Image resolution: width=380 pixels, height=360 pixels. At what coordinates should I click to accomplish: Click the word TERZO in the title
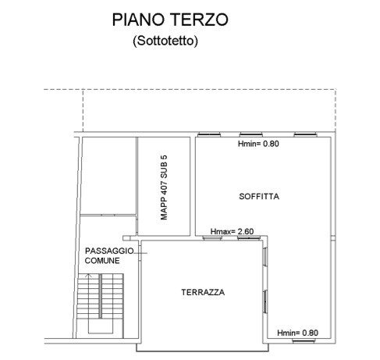click(x=200, y=20)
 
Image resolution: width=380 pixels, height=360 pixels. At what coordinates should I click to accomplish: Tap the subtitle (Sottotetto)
click(x=165, y=41)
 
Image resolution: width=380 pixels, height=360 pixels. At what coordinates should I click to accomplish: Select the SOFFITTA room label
click(x=259, y=196)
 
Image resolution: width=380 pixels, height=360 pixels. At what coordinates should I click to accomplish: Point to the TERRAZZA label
click(x=203, y=292)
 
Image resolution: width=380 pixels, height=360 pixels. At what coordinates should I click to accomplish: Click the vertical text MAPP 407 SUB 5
click(x=164, y=187)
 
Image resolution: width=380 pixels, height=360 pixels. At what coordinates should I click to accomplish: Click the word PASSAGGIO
click(x=109, y=251)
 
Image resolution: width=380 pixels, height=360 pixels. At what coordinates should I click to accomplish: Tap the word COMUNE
click(x=102, y=261)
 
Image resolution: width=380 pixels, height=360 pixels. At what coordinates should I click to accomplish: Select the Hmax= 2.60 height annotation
click(x=232, y=231)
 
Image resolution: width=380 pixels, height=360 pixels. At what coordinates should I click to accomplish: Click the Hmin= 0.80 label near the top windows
click(x=258, y=144)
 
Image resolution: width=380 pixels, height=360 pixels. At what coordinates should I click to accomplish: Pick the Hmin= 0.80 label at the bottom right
click(x=297, y=333)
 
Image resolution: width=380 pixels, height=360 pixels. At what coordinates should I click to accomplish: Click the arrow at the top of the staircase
click(x=89, y=276)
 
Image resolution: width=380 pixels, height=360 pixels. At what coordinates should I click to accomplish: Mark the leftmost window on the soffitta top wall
click(x=209, y=134)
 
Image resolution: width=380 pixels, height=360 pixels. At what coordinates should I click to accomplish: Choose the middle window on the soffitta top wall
click(x=251, y=134)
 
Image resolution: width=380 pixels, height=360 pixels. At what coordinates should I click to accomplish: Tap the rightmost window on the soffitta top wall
click(x=305, y=134)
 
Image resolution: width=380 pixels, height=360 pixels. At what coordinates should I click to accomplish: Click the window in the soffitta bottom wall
click(x=304, y=340)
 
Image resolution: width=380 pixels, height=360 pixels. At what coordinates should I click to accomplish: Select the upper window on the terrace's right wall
click(x=265, y=256)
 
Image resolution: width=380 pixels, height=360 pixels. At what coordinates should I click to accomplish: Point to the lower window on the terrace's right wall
click(x=265, y=301)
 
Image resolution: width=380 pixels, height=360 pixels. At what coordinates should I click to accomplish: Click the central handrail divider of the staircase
click(x=100, y=296)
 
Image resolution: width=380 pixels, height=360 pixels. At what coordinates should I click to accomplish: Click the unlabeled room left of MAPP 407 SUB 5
click(x=109, y=176)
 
